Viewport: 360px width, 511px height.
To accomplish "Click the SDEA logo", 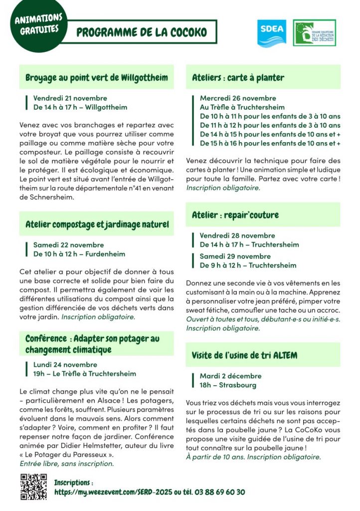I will pos(272,33).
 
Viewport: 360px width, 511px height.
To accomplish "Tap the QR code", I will pos(33,487).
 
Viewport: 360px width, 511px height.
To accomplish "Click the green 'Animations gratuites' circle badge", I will pos(38,24).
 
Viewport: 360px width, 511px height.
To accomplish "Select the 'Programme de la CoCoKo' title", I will pos(142,32).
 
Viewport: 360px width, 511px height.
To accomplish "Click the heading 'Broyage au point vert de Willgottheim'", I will pos(97,78).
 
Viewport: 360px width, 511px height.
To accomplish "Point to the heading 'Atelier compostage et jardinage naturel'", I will pos(97,225).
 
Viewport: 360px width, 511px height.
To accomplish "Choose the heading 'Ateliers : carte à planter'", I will pos(238,77).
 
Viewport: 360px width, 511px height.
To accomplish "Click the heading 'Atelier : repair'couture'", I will pos(235,215).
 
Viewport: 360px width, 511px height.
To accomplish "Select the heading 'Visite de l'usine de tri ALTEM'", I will pos(244,355).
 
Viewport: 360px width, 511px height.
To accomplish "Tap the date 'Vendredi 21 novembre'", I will pos(70,98).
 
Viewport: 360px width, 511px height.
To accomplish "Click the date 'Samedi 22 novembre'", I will pos(69,245).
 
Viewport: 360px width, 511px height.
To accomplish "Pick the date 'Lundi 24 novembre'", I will pos(65,365).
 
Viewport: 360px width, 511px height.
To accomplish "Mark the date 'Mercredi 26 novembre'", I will pos(238,98).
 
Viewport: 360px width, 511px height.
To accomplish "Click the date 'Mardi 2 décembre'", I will pos(230,376).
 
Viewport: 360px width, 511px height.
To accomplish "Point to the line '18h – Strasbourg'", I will pos(228,385).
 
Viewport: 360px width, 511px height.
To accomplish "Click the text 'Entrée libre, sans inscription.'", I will pos(67,464).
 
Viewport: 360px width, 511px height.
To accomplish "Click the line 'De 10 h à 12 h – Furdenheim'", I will pos(79,254).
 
